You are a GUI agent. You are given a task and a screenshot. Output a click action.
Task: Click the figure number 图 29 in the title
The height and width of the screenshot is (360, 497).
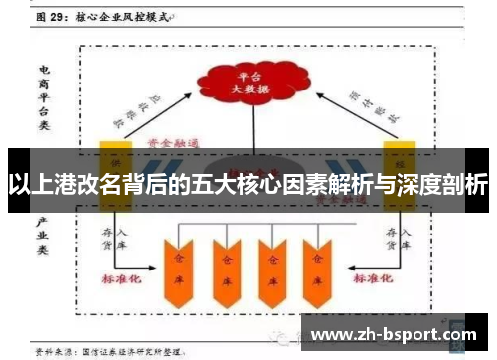[x=53, y=17]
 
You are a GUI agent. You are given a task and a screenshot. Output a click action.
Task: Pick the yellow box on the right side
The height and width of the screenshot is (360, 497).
[x=401, y=159]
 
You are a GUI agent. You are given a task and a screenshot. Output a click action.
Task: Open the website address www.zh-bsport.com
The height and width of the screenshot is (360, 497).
[x=394, y=335]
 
